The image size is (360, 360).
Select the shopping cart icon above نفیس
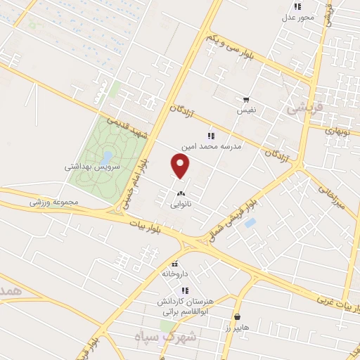[245, 100]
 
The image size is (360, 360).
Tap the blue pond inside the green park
[106, 156]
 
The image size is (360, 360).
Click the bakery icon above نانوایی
[181, 193]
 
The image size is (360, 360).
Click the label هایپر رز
[238, 328]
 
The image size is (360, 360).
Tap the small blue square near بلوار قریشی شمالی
[250, 223]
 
